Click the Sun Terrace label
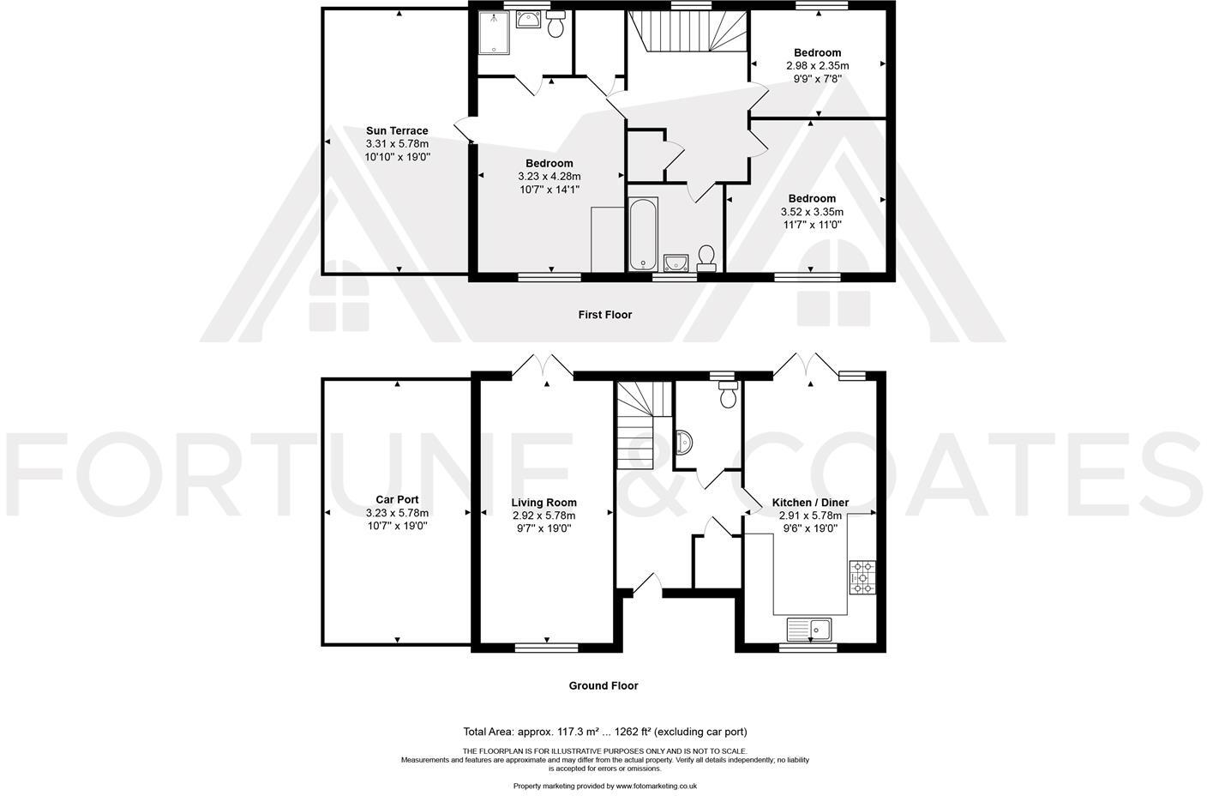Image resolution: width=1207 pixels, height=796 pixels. tap(397, 131)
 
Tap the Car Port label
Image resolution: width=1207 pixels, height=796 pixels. tap(397, 499)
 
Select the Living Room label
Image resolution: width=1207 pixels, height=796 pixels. tap(543, 503)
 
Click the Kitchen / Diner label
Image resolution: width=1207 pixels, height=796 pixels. tap(810, 503)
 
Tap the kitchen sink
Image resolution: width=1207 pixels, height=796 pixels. tap(809, 629)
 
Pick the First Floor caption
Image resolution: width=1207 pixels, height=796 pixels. tap(604, 315)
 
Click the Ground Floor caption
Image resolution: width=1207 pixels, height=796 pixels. tap(603, 685)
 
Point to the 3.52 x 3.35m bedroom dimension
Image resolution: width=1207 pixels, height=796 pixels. tap(811, 212)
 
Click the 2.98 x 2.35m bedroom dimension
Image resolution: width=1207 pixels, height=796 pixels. tap(817, 66)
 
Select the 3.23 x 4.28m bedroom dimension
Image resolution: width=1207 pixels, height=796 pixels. tap(549, 177)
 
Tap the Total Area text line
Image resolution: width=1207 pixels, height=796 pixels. tap(604, 732)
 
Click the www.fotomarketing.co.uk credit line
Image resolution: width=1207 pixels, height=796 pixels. tap(604, 786)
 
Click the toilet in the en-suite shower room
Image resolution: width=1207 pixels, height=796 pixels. tap(555, 26)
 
